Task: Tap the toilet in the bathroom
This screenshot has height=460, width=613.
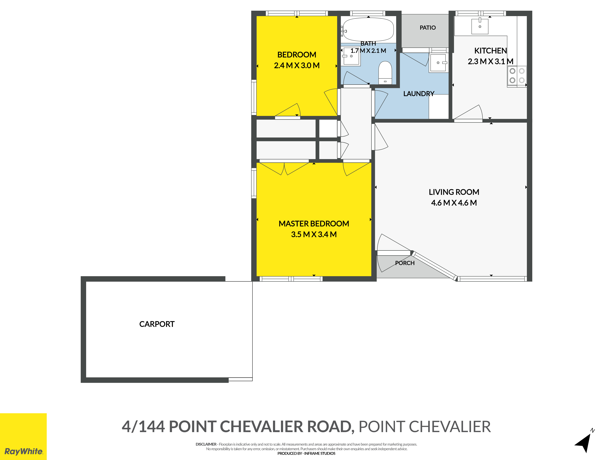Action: pyautogui.click(x=385, y=73)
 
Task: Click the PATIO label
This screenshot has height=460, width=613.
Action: pyautogui.click(x=428, y=28)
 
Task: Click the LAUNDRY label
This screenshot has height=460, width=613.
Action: pyautogui.click(x=419, y=94)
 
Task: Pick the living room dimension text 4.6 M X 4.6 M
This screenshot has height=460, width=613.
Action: pyautogui.click(x=454, y=203)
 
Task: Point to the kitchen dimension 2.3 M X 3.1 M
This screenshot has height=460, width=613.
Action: pyautogui.click(x=491, y=61)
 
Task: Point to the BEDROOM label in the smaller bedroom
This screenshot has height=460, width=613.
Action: pyautogui.click(x=297, y=55)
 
